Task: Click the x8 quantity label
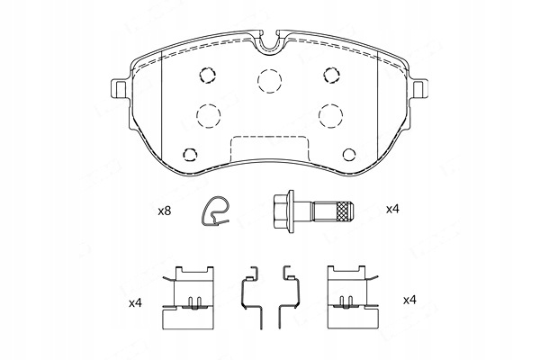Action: click(x=165, y=211)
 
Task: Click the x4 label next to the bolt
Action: click(x=392, y=209)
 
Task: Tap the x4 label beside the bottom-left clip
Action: click(x=135, y=303)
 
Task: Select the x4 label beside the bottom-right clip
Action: click(x=409, y=300)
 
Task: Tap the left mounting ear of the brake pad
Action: click(x=119, y=88)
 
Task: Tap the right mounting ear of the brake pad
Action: click(x=419, y=88)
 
